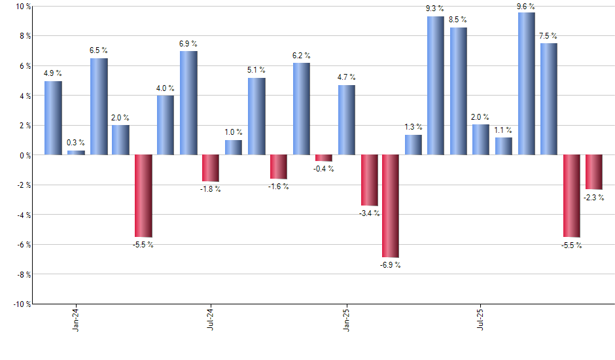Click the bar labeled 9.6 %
coord(526,84)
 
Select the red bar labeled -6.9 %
coord(391,206)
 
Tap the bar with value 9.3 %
coord(436,86)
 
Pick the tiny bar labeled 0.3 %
coord(76,153)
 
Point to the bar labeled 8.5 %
coord(459,92)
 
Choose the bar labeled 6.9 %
coord(188,103)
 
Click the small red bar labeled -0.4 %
coord(323,158)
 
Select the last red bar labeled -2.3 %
coord(594,172)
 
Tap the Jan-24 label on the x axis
coord(77,318)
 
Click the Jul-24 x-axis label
coord(211,318)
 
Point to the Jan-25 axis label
coord(347,318)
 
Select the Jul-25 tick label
coord(481,318)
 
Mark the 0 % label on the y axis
coord(25,156)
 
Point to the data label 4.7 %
coord(347,78)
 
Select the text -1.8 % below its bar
coord(210,189)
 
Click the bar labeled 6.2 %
coord(302,109)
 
